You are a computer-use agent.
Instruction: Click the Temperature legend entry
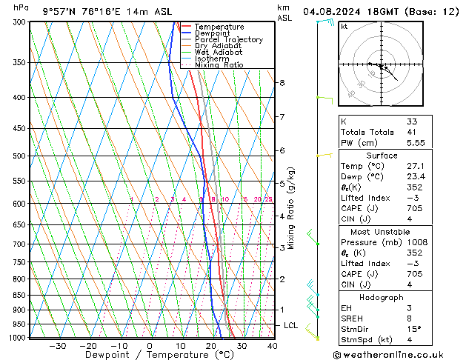[219, 27]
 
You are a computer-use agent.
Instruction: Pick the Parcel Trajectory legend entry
[228, 40]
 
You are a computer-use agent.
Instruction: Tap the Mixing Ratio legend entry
[219, 65]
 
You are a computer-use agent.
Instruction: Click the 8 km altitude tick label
[282, 82]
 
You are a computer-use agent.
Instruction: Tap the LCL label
[291, 325]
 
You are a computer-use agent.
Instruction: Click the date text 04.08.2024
[335, 11]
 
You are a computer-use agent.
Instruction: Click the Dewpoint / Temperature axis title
[150, 356]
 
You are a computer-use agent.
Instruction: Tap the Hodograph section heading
[382, 297]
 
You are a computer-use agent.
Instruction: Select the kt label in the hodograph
[344, 27]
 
